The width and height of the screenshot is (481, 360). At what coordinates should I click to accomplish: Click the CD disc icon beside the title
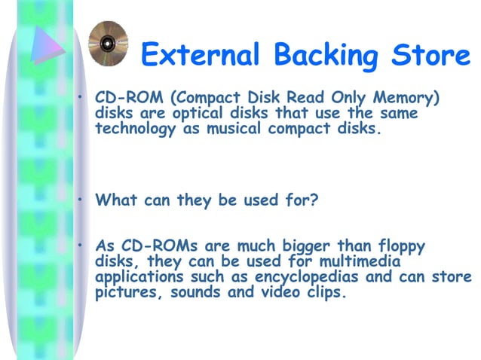point(104,42)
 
